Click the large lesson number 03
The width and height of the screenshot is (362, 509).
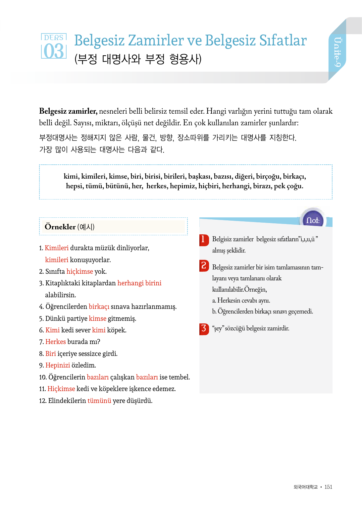[x=54, y=51]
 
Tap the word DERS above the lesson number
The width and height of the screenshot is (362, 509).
[x=54, y=37]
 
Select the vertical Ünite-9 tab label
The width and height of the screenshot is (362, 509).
[x=337, y=52]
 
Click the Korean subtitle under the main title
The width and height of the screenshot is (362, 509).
[x=138, y=59]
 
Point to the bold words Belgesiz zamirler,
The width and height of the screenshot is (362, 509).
[x=68, y=111]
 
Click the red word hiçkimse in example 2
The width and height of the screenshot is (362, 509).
[x=80, y=271]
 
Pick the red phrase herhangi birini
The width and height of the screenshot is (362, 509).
[x=139, y=283]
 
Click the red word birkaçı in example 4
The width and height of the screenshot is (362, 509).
[x=99, y=307]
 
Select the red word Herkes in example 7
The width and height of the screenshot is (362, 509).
[x=56, y=342]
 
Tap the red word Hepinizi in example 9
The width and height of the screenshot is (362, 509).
[x=58, y=365]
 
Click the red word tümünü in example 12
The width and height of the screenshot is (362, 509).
[x=99, y=401]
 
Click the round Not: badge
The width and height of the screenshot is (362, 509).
[x=313, y=220]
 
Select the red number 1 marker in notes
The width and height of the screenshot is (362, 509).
[x=204, y=240]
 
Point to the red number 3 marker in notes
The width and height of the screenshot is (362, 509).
[x=204, y=329]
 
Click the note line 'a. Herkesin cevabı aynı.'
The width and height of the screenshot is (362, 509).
[x=241, y=301]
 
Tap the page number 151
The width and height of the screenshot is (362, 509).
[x=328, y=487]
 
